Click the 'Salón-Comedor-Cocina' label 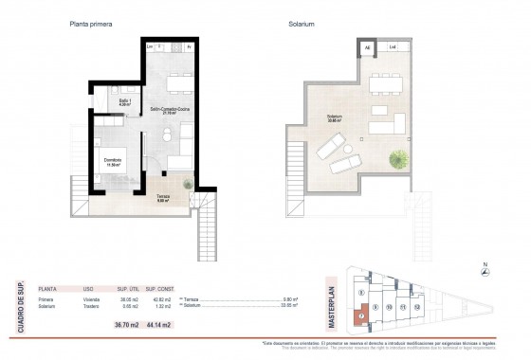coord(170,110)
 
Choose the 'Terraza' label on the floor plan coord(164,197)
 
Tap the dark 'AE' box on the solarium coord(367,46)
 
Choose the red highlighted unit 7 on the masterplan coord(361,316)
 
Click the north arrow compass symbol coord(485,273)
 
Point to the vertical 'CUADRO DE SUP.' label coord(21,304)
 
